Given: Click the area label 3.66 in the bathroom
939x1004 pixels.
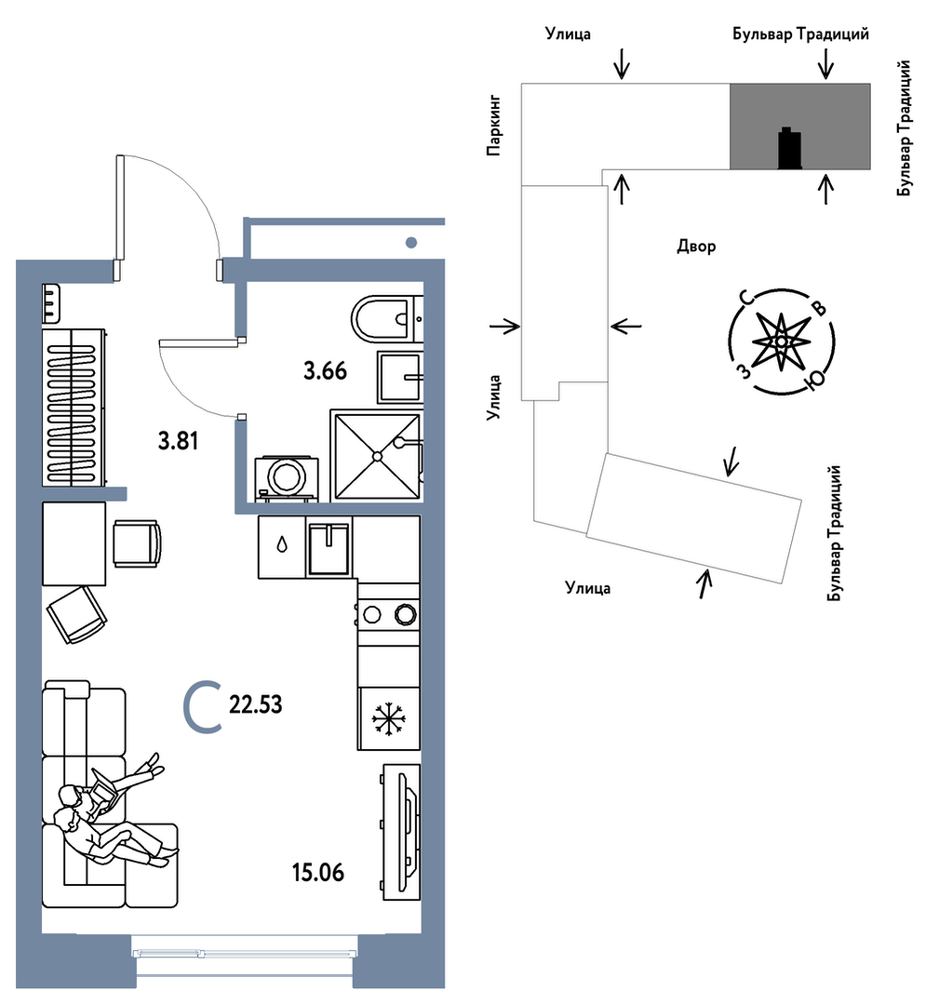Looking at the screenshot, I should click(325, 372).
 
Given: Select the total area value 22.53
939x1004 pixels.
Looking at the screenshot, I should click(255, 705).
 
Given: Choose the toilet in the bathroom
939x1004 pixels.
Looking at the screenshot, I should click(382, 320).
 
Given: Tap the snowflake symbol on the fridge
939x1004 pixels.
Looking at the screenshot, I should click(390, 717).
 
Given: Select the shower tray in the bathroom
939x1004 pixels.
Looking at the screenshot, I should click(375, 456).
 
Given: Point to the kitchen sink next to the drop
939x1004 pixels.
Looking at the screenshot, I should click(329, 549).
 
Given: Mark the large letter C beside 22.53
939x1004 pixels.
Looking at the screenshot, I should click(201, 705).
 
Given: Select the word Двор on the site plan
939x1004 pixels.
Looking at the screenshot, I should click(696, 246).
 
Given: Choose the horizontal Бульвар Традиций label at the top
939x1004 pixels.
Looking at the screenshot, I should click(800, 34).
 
